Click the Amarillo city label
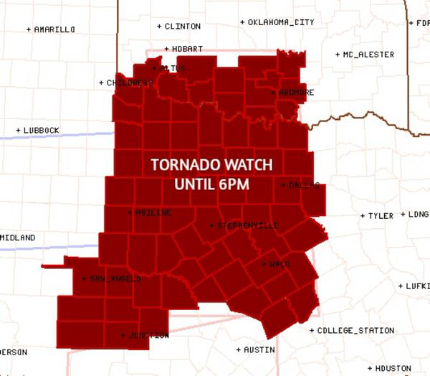pos(54,29)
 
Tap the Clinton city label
pos(182,26)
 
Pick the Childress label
pos(129,83)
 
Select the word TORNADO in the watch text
pos(182,165)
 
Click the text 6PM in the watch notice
pos(234,184)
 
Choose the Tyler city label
pos(381,215)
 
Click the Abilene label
pos(152,212)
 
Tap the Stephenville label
pos(247,225)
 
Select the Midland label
pos(17,238)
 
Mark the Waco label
pos(279,264)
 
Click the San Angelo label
pos(115,278)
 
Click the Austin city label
pos(259,350)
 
